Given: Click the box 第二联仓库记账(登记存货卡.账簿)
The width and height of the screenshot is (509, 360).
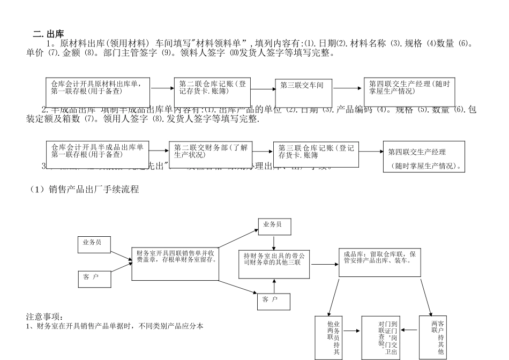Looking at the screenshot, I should (212, 87).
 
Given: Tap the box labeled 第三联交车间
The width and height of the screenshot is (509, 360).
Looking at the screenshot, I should (303, 86).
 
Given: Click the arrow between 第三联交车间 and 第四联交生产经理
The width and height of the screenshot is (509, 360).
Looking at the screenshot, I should (348, 87).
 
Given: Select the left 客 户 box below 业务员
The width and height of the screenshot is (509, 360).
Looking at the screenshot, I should (94, 279).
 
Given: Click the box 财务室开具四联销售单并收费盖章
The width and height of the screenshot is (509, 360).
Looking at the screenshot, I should (175, 264).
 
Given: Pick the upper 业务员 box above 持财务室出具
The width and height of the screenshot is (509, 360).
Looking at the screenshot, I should (274, 225).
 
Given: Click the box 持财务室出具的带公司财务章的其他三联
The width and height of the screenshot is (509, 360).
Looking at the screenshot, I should (274, 264).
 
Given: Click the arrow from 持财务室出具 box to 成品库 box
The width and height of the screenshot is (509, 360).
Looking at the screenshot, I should (324, 264).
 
